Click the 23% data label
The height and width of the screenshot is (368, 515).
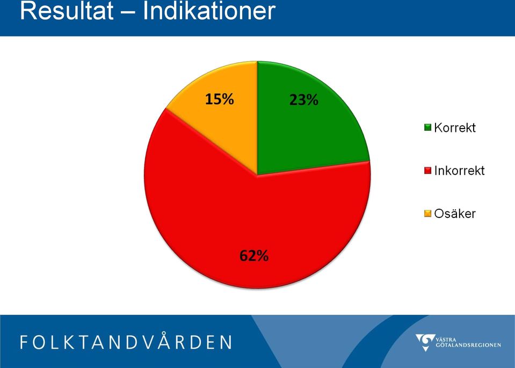(304, 100)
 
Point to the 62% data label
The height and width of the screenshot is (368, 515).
(254, 256)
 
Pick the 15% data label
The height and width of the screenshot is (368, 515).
(220, 99)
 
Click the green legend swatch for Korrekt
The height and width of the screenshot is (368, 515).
(427, 128)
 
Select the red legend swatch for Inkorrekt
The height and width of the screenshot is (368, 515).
(427, 171)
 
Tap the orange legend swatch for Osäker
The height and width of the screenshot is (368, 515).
(427, 214)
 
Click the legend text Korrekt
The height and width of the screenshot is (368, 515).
(455, 128)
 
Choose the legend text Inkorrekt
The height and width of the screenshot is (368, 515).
(460, 171)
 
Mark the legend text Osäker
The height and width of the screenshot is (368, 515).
(455, 214)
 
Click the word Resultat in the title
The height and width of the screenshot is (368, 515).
(67, 11)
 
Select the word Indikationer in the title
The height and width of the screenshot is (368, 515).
(209, 11)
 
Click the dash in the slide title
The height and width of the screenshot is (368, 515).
(128, 12)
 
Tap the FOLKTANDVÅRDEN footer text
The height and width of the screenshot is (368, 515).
(126, 342)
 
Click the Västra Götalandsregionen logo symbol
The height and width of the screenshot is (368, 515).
(426, 342)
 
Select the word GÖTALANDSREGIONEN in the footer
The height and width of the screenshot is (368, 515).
(469, 345)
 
